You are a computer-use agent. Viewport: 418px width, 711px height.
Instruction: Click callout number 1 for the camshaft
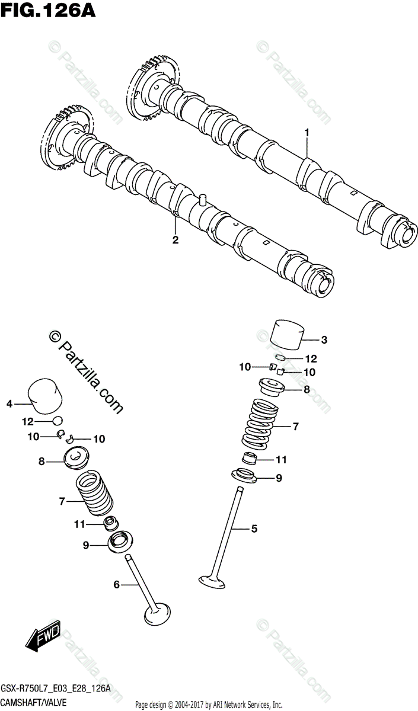coord(307,133)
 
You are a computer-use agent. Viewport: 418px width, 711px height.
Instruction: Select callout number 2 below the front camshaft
coord(176,239)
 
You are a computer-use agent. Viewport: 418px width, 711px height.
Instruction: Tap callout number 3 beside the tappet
coord(324,340)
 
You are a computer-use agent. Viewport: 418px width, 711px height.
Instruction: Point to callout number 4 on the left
coord(9,403)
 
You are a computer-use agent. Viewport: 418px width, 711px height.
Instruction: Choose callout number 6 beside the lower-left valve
coord(117,585)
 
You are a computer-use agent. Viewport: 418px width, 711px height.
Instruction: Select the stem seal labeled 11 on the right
coord(250,458)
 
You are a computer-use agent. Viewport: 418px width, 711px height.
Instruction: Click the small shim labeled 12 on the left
coord(56,421)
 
